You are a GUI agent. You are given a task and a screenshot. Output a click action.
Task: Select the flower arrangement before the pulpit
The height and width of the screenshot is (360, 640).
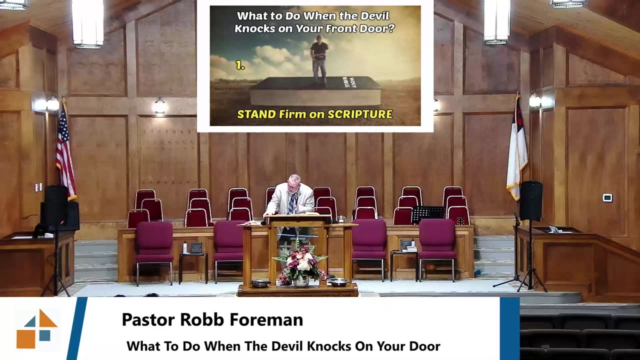[x=300, y=262]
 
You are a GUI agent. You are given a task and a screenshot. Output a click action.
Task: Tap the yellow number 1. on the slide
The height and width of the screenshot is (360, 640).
[x=240, y=65]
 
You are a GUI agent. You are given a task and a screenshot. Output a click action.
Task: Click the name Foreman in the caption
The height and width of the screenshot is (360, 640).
[x=270, y=320]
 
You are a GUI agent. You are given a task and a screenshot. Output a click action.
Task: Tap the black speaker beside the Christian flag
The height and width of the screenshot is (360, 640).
[x=530, y=200]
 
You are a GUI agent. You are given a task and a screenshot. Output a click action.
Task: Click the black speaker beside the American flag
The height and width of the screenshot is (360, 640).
[x=55, y=205]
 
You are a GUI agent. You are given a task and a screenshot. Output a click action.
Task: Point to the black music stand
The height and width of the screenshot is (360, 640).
[x=427, y=212]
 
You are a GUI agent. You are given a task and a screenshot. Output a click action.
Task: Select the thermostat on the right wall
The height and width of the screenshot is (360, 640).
[x=607, y=198]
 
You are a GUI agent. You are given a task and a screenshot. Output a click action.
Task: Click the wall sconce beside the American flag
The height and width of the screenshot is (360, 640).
[x=53, y=104]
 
